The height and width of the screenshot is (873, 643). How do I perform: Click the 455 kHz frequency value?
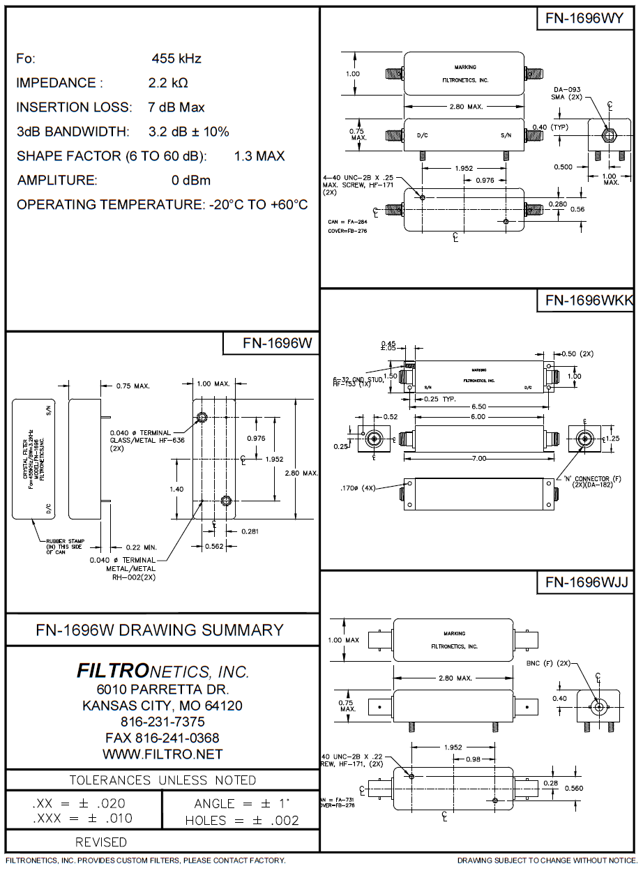coord(176,59)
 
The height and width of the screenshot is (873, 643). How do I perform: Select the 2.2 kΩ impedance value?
coord(168,83)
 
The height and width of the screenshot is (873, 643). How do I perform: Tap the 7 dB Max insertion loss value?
coord(176,107)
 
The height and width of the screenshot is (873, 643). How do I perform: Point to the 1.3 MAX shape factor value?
coord(259,156)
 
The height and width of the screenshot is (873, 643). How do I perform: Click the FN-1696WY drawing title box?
coord(584,19)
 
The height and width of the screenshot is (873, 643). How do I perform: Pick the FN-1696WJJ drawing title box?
coord(584,582)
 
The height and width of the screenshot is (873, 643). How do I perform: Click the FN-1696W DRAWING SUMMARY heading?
coord(160,630)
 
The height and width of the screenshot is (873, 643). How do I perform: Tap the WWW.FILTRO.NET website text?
coord(162,754)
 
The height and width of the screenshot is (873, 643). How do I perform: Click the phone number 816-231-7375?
coord(162,722)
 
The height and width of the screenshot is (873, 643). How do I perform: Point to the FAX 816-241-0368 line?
coord(162,738)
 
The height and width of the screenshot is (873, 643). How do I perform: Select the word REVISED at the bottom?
coord(100,842)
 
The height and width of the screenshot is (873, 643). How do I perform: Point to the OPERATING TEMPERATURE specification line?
coord(162,205)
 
